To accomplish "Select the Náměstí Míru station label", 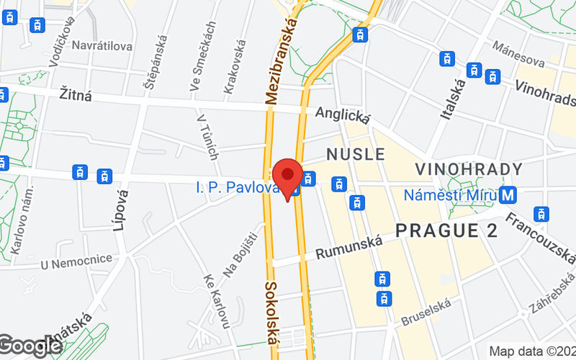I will tap(450, 195).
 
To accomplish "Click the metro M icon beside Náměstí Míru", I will tap(510, 194).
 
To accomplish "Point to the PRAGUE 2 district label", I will tap(446, 231).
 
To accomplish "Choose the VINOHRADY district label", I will tap(469, 170).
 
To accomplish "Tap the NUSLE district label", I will tap(356, 154).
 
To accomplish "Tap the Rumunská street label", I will tap(348, 249).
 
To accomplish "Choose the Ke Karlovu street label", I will tap(216, 301).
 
